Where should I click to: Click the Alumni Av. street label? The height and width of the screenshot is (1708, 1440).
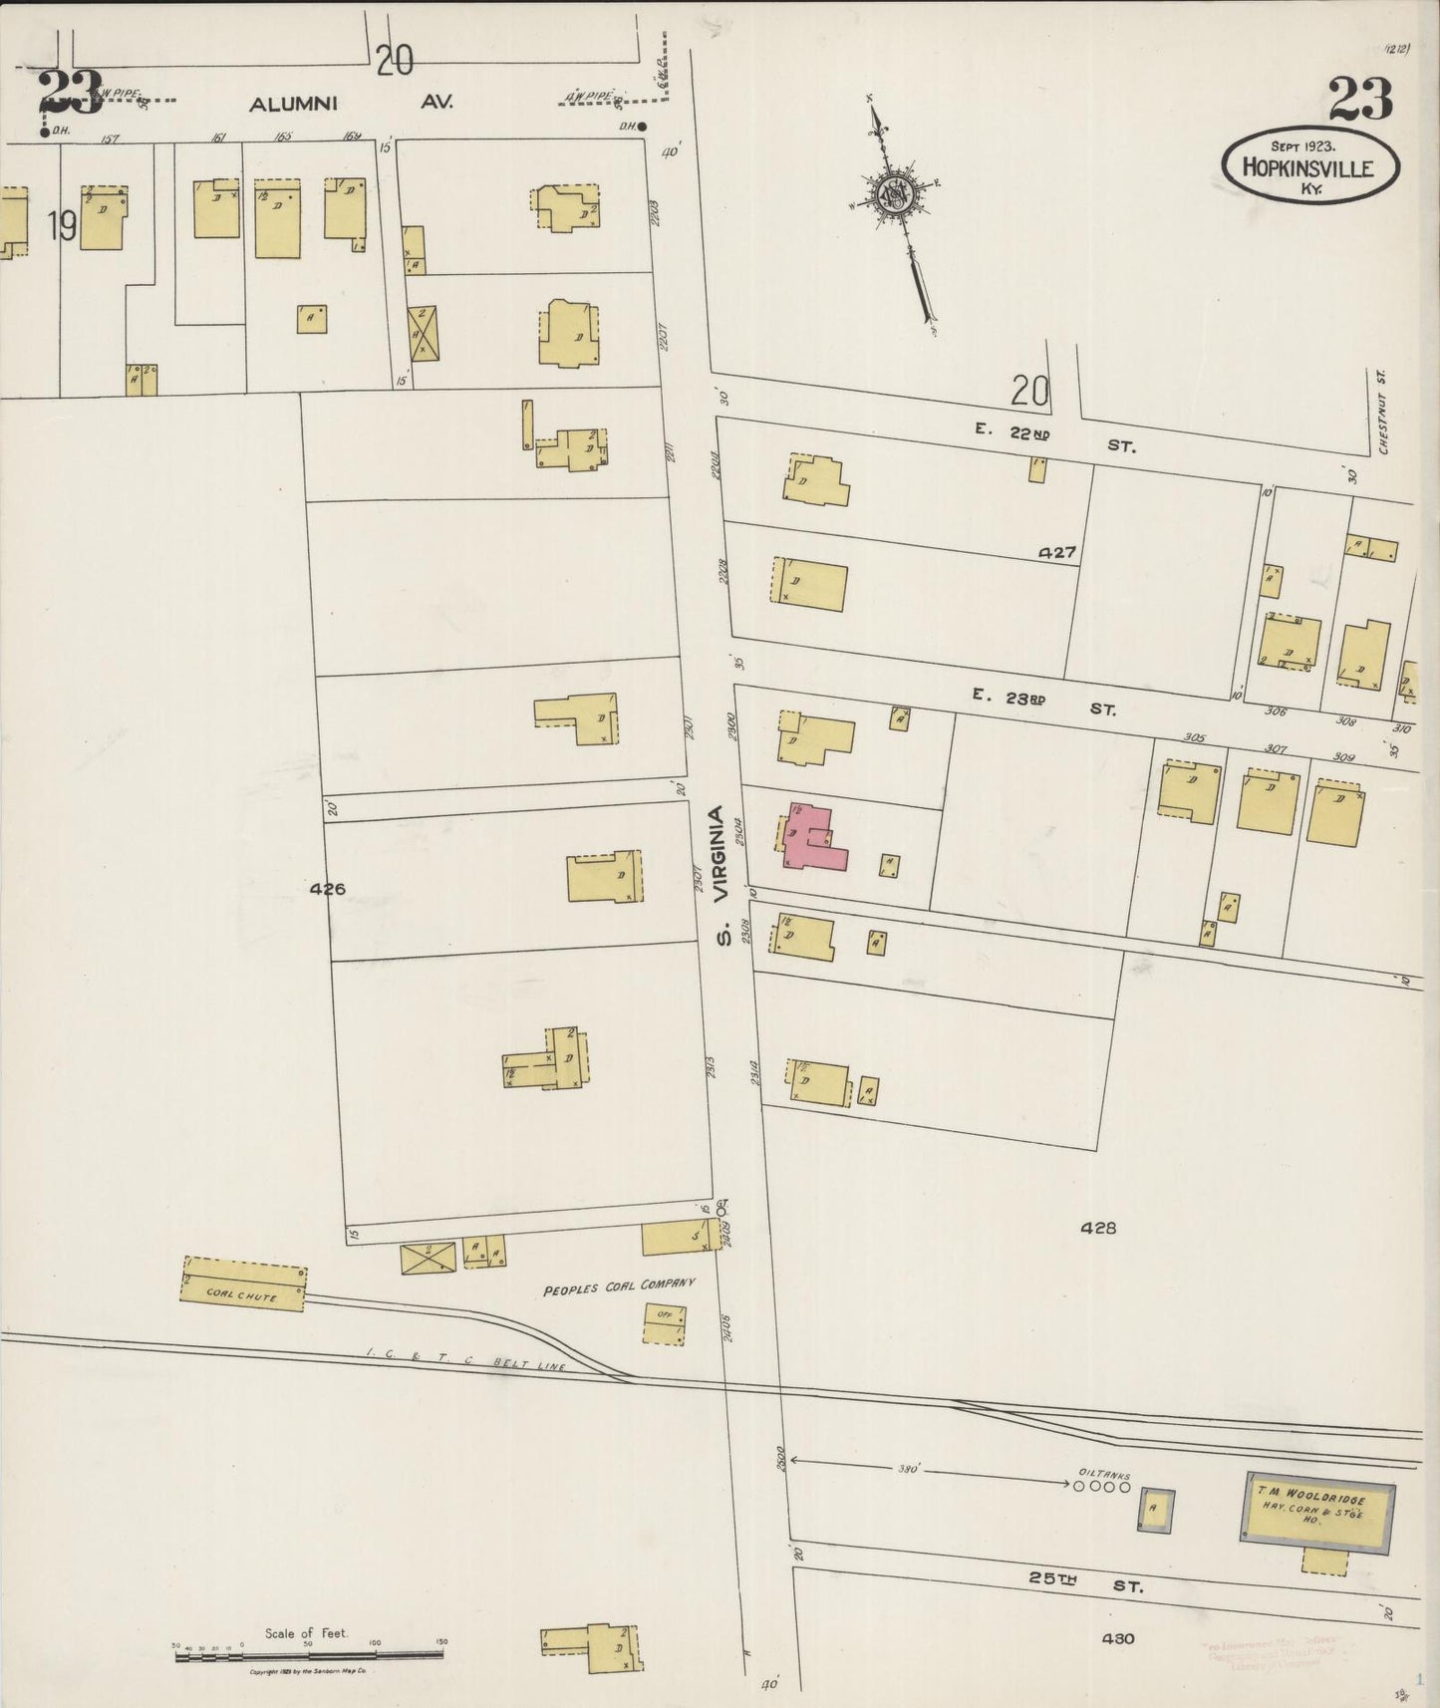(351, 102)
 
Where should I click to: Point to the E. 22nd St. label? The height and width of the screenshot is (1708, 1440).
(1057, 439)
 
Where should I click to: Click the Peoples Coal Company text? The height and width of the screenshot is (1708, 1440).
(618, 1287)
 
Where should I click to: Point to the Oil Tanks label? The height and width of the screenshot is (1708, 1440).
(1102, 1471)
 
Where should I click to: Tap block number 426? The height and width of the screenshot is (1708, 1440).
(327, 889)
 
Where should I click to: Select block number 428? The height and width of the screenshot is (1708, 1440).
(1098, 1229)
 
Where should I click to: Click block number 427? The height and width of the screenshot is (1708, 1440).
(1056, 552)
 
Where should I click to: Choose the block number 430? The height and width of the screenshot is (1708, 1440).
(1118, 1638)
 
